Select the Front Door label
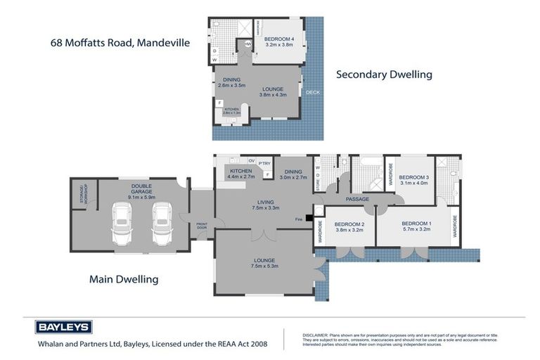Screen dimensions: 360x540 202,226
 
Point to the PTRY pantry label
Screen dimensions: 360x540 264,164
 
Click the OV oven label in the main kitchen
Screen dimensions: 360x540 251,160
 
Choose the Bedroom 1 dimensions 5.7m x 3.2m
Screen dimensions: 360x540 415,229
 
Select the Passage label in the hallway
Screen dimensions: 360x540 357,199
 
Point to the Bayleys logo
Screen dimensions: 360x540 63,328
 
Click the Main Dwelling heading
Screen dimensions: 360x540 124,279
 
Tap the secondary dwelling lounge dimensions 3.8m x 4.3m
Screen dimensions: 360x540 274,95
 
